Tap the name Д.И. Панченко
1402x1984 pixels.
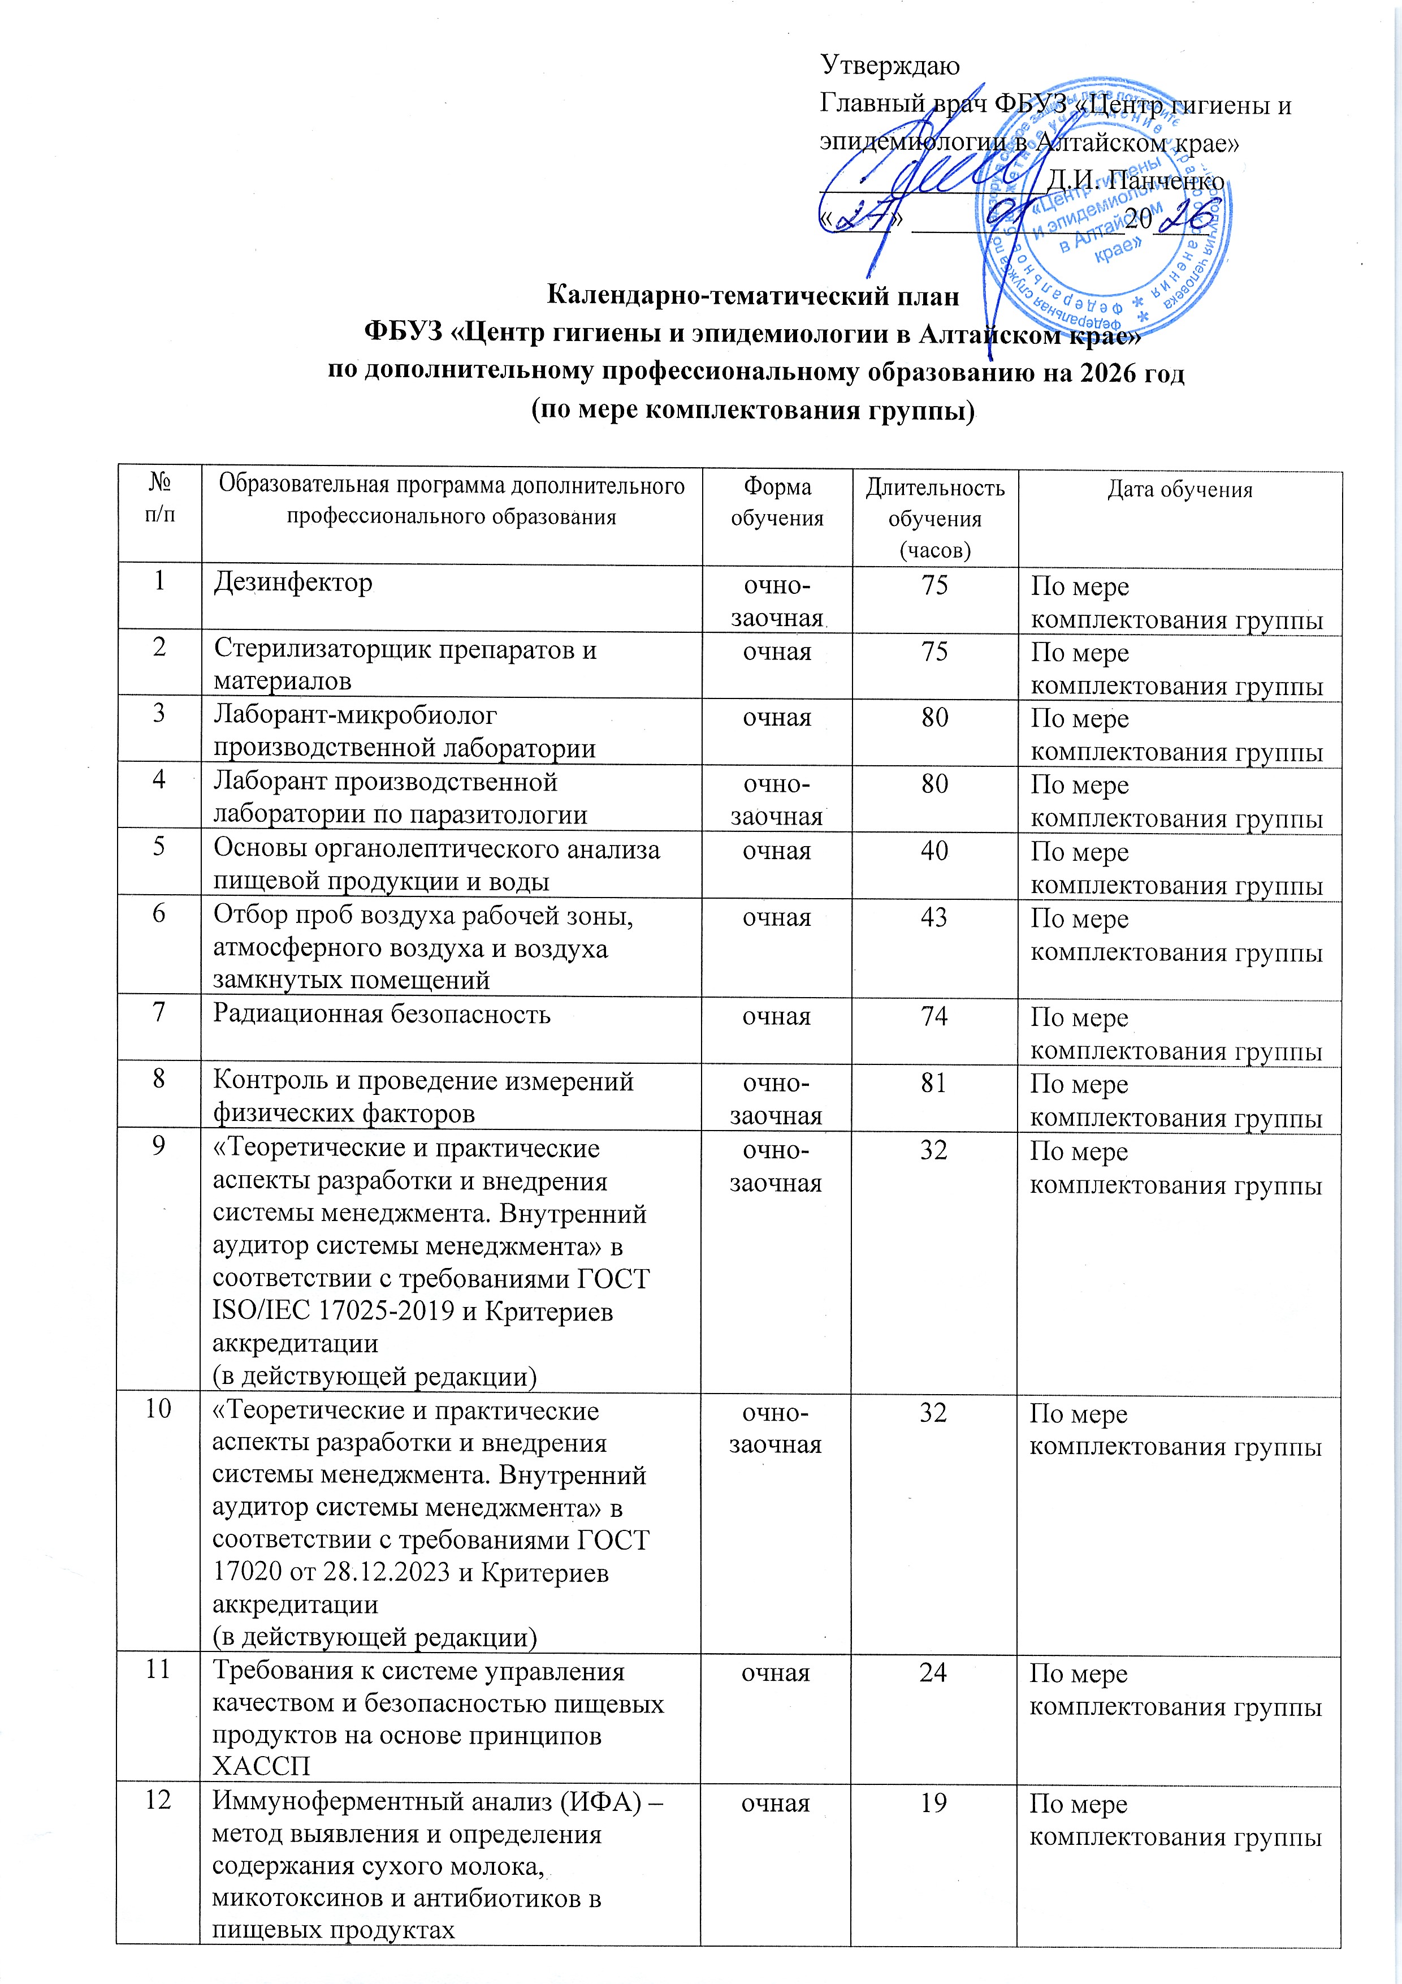tap(1134, 180)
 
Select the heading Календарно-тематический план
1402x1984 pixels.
tap(752, 296)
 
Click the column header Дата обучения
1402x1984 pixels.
tap(1179, 490)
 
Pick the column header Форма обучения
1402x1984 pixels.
tap(777, 502)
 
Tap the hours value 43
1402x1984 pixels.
tap(934, 917)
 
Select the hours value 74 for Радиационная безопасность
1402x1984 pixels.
tap(934, 1015)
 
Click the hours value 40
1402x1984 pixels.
tap(934, 850)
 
